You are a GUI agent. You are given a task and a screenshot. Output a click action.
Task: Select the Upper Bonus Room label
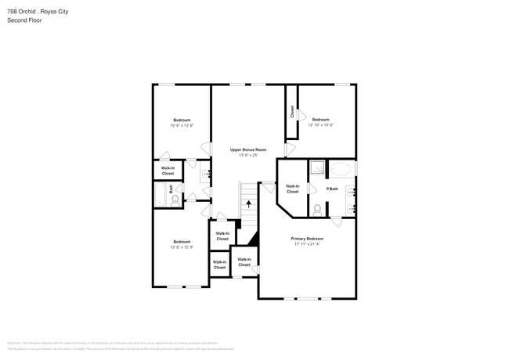point(248,149)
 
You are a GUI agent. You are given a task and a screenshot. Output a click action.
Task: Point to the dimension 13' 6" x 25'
point(248,155)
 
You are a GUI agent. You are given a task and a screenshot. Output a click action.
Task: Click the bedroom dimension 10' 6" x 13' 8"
point(182,125)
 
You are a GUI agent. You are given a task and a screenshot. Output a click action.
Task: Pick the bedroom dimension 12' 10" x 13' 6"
point(321,125)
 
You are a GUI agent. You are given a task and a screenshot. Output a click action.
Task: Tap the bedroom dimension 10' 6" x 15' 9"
point(182,247)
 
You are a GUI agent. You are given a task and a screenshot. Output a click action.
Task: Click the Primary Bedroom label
point(307,239)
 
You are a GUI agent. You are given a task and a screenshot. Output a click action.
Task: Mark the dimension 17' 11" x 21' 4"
point(307,244)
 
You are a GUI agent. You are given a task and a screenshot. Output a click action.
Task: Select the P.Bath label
point(332,189)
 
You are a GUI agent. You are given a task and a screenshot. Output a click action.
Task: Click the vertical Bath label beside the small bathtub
point(171,189)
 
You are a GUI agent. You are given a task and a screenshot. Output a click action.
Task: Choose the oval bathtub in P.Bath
point(341,169)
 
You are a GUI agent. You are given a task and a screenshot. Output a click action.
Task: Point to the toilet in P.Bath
point(317,209)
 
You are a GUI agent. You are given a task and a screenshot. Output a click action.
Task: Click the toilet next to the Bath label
point(175,200)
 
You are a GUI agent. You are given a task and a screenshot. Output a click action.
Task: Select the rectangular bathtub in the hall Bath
point(160,195)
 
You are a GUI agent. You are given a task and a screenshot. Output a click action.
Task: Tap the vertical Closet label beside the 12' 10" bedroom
point(292,113)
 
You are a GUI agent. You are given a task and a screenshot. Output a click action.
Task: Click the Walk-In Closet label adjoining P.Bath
point(292,189)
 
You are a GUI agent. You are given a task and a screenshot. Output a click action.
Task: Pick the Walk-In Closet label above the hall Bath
point(168,170)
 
